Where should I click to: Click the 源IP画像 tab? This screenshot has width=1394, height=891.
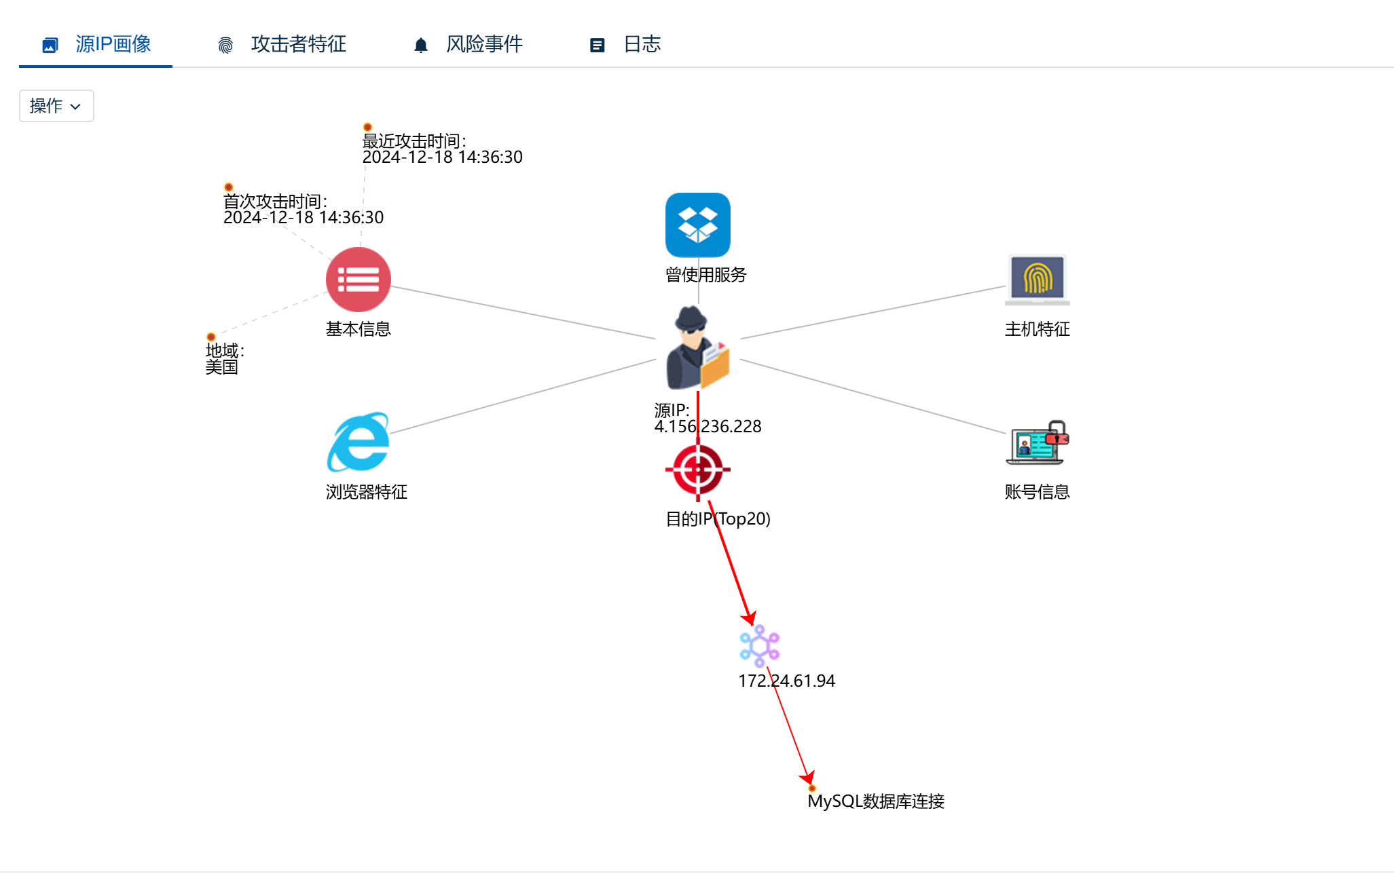click(96, 45)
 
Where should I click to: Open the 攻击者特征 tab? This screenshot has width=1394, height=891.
click(282, 45)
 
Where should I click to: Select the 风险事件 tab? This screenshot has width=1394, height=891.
click(469, 45)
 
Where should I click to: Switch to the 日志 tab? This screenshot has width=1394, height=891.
click(625, 45)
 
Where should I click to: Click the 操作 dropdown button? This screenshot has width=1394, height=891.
click(56, 106)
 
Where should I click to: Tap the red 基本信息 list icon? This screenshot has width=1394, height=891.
click(358, 280)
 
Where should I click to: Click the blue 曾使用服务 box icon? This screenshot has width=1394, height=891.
click(697, 225)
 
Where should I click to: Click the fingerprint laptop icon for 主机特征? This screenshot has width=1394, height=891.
click(1037, 280)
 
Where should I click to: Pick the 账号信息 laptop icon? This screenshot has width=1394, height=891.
click(1037, 442)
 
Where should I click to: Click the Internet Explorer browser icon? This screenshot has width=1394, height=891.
click(359, 442)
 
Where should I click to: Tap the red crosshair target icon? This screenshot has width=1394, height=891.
click(697, 470)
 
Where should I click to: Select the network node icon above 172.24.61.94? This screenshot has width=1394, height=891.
click(759, 645)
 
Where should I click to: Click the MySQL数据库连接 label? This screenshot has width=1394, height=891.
click(875, 801)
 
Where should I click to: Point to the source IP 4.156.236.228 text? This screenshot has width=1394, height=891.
click(708, 427)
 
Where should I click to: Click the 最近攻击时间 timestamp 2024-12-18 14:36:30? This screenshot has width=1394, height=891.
click(442, 157)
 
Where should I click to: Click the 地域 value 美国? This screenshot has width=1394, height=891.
click(221, 367)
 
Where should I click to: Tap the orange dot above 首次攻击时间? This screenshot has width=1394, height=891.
click(229, 187)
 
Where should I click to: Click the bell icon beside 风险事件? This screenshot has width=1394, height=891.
click(421, 45)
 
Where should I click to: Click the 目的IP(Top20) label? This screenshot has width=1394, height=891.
click(718, 519)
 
